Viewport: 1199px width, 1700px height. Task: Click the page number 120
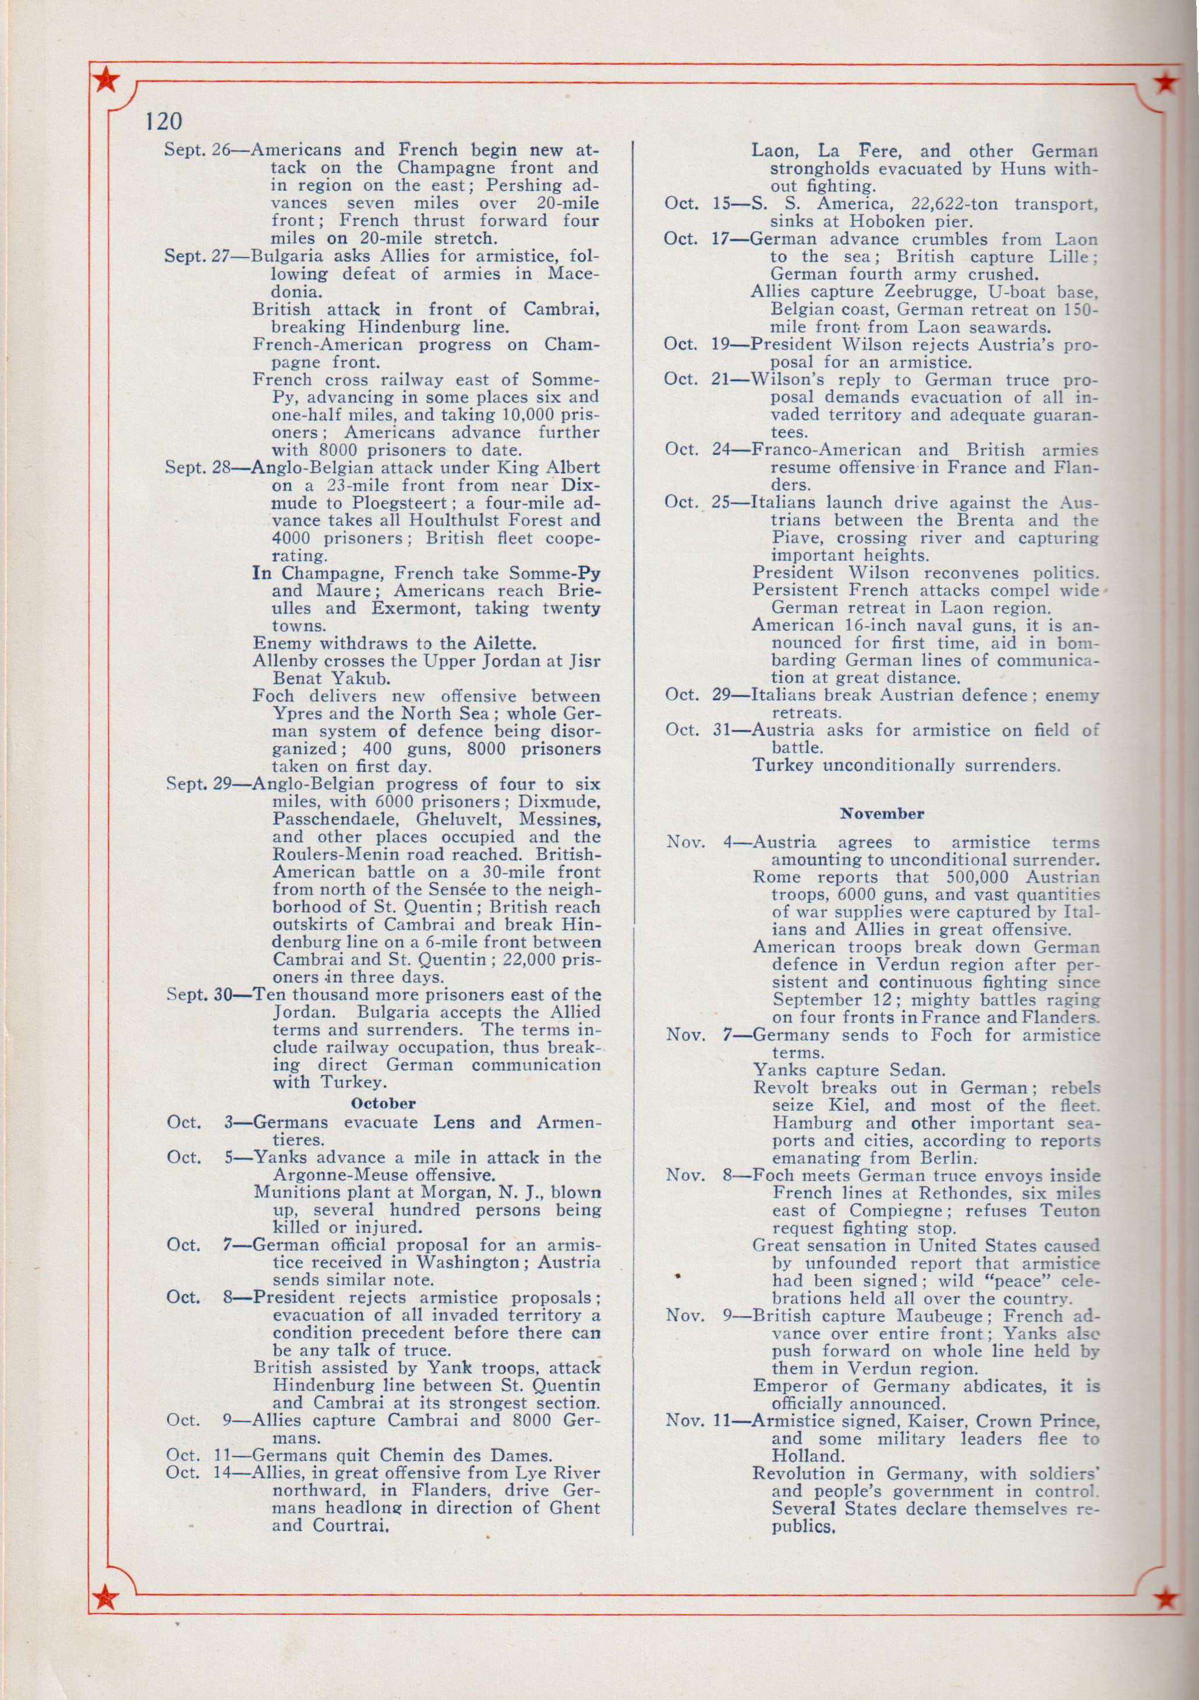coord(164,121)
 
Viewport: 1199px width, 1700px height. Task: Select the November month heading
coord(882,814)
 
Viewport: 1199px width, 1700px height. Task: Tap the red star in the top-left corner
coord(107,80)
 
